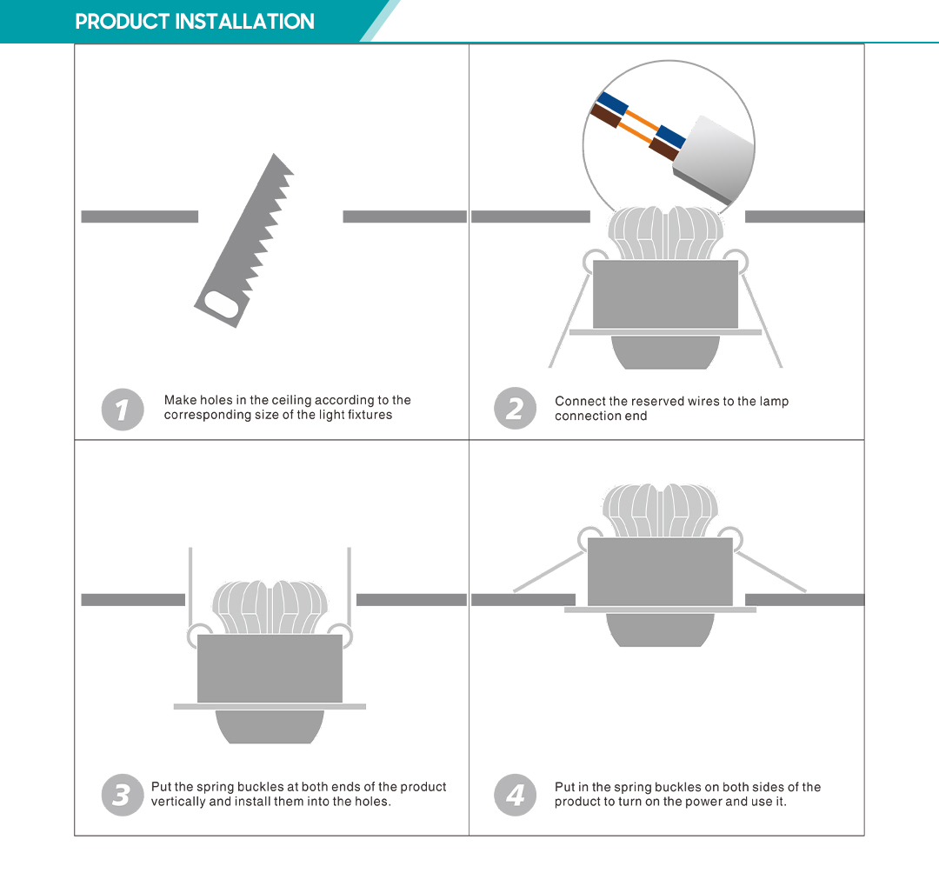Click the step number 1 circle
pos(123,410)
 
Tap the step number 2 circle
pos(515,409)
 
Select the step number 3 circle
pos(123,795)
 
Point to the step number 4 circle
pos(515,795)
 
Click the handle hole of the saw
pos(222,305)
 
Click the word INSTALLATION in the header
pos(244,22)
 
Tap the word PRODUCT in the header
pos(123,22)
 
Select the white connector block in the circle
pos(714,158)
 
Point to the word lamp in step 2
pos(775,402)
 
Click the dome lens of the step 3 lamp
pos(270,727)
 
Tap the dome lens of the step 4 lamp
pos(660,630)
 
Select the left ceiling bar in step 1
pos(139,217)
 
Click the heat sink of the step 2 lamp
pos(665,233)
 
